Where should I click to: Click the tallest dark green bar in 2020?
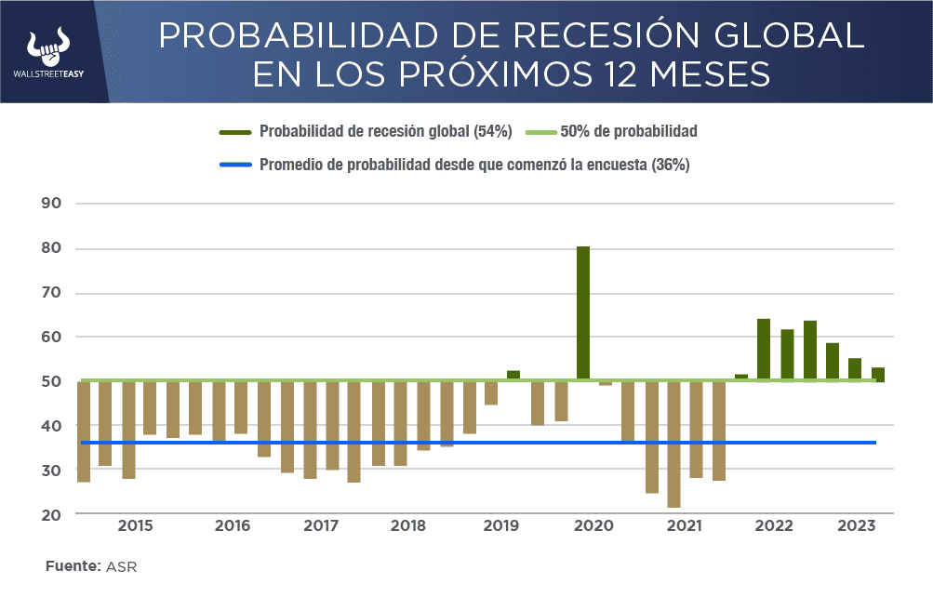(583, 312)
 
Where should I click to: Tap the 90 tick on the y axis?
(50, 204)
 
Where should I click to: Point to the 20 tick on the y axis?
(50, 514)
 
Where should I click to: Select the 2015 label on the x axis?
(135, 526)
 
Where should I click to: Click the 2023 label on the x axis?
(856, 526)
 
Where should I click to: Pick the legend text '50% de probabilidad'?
(629, 132)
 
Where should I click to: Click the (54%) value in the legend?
(493, 132)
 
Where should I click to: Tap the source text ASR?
(123, 566)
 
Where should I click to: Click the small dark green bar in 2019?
(513, 375)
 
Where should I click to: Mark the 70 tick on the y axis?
(50, 293)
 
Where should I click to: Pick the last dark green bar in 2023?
(877, 374)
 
